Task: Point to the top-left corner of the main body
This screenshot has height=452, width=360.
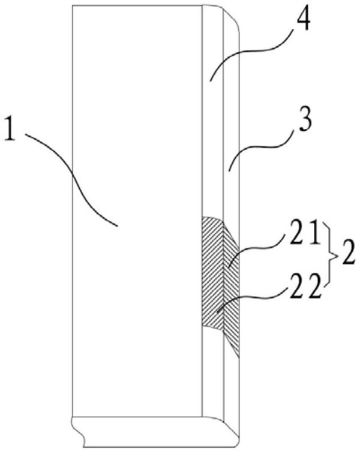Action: [x=71, y=7]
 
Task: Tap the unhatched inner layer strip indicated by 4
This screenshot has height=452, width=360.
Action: [x=212, y=150]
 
